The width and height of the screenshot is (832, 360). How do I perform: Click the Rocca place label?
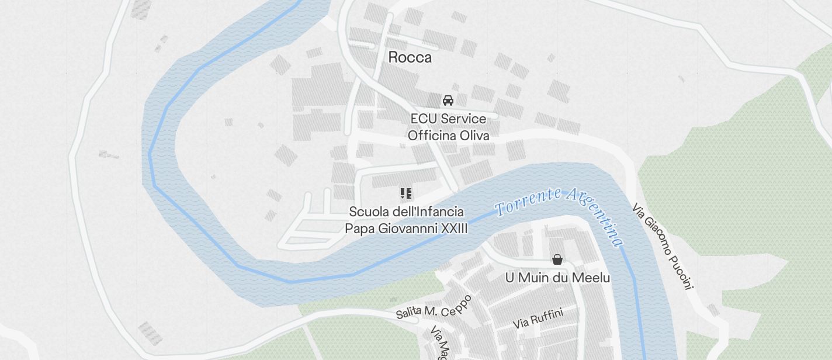[x=410, y=57]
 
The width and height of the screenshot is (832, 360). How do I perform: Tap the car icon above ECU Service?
[x=448, y=101]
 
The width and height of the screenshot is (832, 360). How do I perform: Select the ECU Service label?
[x=448, y=119]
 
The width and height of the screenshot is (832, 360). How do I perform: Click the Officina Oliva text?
[x=448, y=136]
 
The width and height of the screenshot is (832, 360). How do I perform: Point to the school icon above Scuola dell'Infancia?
[x=406, y=193]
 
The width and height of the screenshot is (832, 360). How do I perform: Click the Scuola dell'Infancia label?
[x=406, y=212]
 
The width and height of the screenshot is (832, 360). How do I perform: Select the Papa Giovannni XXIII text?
[x=406, y=229]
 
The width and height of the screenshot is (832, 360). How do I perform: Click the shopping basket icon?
[x=557, y=259]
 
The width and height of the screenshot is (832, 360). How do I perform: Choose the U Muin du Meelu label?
[x=557, y=278]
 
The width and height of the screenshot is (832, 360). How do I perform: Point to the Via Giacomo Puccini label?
[x=663, y=246]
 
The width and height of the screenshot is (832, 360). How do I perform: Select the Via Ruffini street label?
[x=538, y=319]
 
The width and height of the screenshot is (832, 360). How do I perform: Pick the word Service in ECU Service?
[x=464, y=119]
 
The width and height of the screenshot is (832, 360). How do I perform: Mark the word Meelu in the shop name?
[x=591, y=278]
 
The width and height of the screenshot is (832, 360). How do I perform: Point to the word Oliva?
[x=474, y=136]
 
